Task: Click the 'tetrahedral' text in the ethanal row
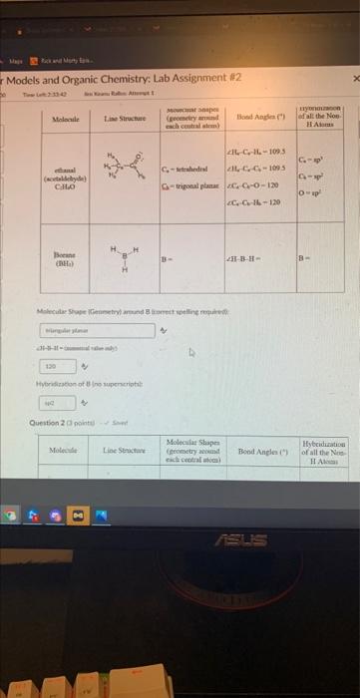[x=191, y=169]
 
